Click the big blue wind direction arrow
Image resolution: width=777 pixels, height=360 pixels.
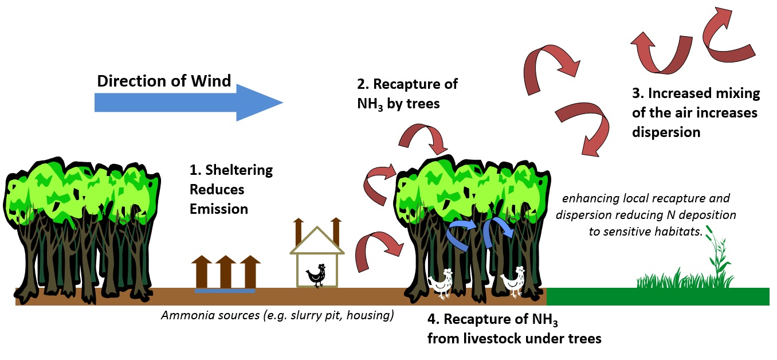(x=189, y=102)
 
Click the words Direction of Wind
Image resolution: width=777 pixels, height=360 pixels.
(x=164, y=81)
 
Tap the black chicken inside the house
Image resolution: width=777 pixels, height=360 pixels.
(x=316, y=275)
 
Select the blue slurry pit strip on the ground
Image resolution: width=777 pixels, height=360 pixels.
(x=225, y=290)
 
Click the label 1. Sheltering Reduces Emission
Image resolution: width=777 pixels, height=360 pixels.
(x=231, y=189)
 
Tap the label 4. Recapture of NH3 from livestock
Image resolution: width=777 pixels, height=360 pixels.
(x=514, y=328)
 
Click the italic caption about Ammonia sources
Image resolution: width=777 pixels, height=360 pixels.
(x=277, y=316)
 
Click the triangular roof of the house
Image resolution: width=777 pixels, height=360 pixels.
(x=317, y=241)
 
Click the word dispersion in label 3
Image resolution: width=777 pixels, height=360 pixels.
(x=666, y=132)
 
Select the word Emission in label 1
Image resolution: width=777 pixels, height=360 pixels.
(x=219, y=209)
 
